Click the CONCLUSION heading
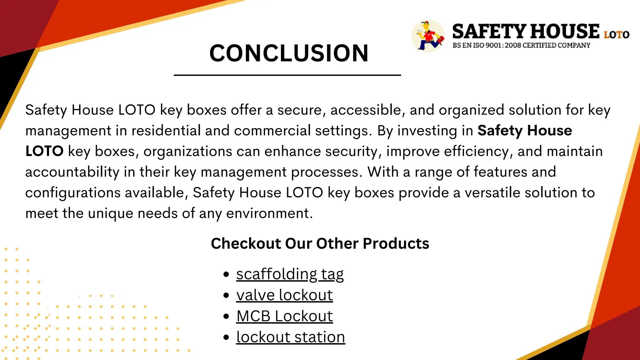click(x=289, y=53)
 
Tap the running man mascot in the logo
click(x=428, y=36)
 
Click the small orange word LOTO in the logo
click(x=616, y=35)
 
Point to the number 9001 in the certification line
click(x=493, y=46)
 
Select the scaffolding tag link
click(x=290, y=274)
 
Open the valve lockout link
click(x=284, y=295)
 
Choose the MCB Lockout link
click(x=284, y=316)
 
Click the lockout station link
click(x=291, y=337)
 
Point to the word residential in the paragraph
click(x=166, y=131)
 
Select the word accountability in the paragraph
click(x=72, y=172)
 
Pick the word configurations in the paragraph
click(x=73, y=193)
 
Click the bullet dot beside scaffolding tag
click(x=227, y=275)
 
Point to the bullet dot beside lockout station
click(x=227, y=337)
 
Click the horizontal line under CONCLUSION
click(x=287, y=75)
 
